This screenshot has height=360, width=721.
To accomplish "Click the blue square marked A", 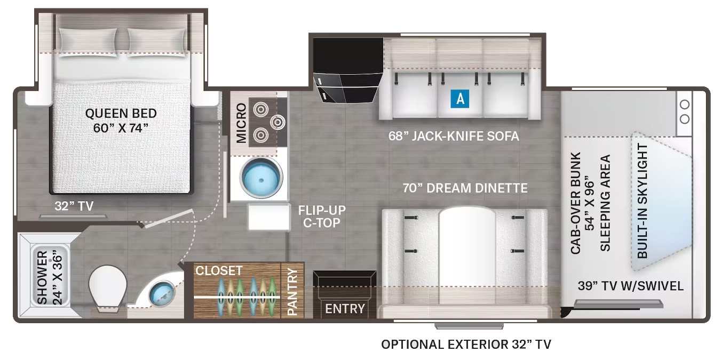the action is coord(460,99).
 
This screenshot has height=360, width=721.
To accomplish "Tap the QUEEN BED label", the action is coord(121,113).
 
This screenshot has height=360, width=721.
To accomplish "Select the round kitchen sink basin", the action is coord(261,178).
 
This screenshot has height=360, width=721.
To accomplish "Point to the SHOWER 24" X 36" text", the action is coord(50,278).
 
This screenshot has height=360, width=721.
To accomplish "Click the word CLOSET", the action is coord(219,270).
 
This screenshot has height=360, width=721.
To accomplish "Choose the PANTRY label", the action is coord(292,292).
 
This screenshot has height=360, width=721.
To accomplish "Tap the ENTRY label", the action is coord(345,309).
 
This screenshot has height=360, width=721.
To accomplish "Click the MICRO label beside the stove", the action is coord(241,123).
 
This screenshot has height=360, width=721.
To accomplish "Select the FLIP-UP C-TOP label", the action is coord(322,217).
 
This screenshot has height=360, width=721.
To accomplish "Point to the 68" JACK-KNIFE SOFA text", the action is coord(454,136).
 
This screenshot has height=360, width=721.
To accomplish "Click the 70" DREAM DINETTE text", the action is coord(465,188).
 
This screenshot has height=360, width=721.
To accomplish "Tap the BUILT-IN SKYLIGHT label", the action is coord(643,201).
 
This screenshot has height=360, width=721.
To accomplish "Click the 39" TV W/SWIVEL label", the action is coord(631,286).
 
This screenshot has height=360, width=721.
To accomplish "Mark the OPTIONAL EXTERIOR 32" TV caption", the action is coord(466,344).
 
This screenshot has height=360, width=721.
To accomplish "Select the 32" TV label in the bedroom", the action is coord(74,206).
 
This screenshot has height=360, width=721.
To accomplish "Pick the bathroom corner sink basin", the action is coord(163,294).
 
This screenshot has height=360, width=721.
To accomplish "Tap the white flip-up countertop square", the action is coord(269,217).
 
